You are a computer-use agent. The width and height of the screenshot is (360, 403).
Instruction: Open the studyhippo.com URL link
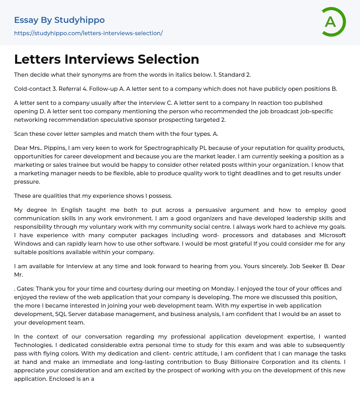[88, 33]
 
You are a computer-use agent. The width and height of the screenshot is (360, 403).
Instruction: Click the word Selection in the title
[168, 59]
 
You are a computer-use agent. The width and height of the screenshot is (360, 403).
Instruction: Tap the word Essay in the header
[26, 20]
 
